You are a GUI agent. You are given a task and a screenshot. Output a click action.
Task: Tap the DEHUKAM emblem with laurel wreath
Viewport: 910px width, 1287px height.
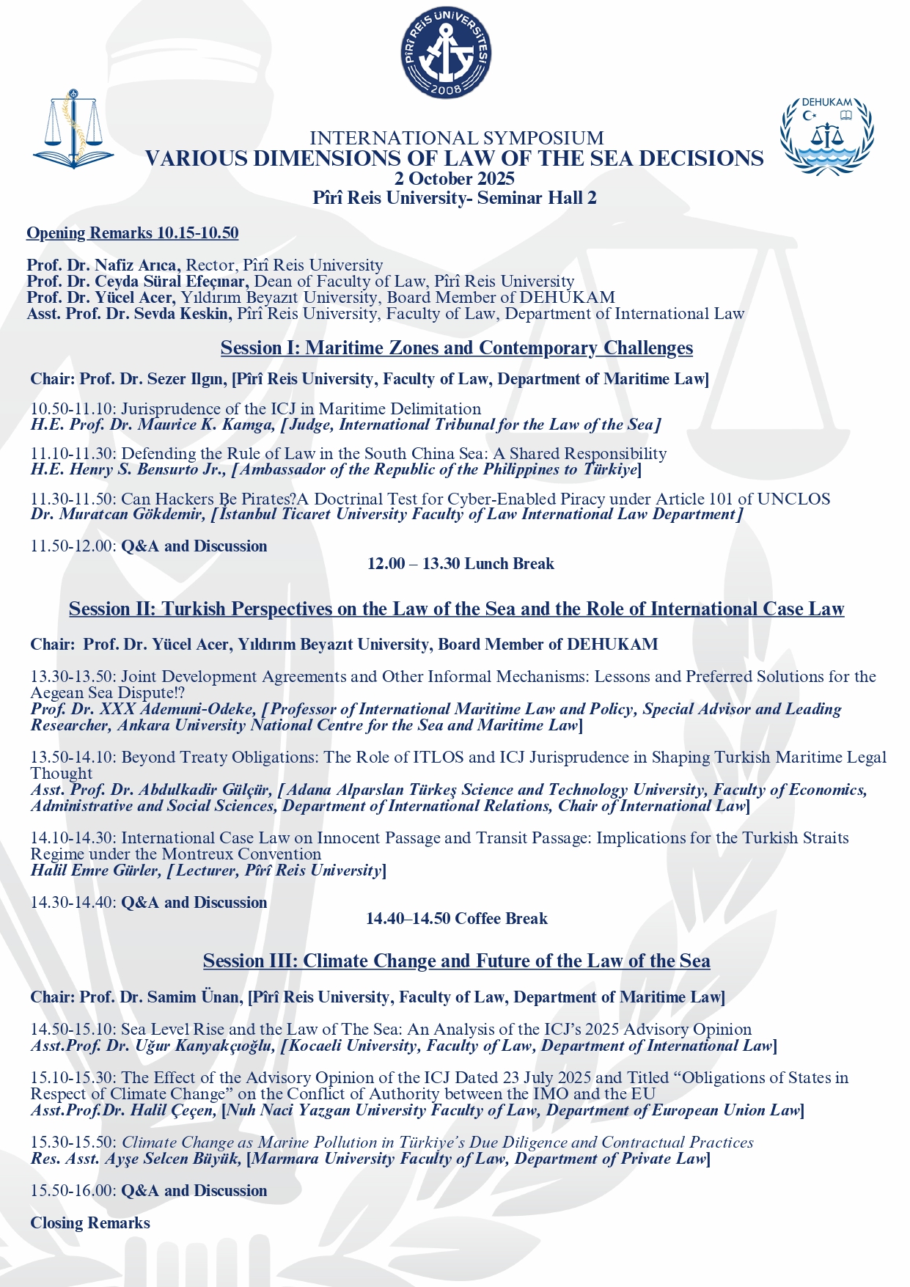826,136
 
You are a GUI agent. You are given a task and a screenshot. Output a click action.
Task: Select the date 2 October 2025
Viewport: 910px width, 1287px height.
455,179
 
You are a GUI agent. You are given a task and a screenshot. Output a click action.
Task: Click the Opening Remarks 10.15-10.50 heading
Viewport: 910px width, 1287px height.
132,233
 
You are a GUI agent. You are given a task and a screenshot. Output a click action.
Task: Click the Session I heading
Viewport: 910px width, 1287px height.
456,348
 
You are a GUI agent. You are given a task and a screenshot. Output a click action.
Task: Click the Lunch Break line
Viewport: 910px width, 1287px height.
460,563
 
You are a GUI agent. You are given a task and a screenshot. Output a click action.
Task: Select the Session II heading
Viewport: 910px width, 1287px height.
456,609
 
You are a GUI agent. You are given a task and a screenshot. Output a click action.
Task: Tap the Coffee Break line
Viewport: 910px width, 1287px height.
457,918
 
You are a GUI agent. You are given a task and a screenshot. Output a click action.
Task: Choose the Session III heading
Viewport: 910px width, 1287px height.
456,961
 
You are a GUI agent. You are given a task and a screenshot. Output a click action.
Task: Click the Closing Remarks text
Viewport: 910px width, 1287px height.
90,1222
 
